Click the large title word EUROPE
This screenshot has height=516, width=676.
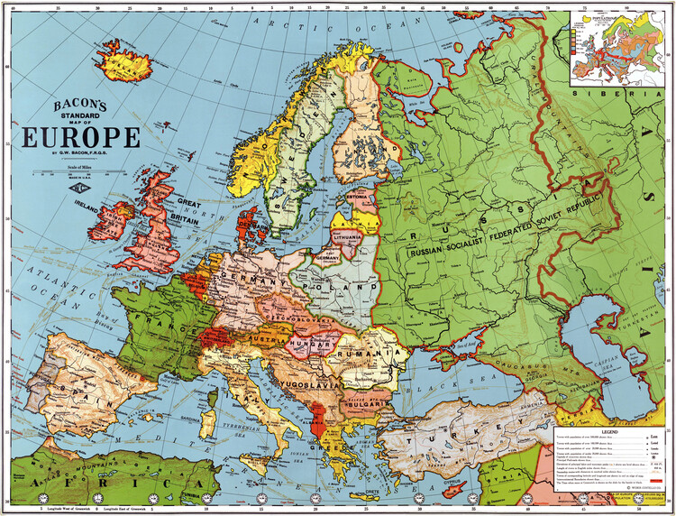point(81,137)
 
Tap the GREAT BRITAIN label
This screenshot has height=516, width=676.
point(178,208)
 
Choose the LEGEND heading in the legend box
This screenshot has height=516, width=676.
point(613,431)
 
